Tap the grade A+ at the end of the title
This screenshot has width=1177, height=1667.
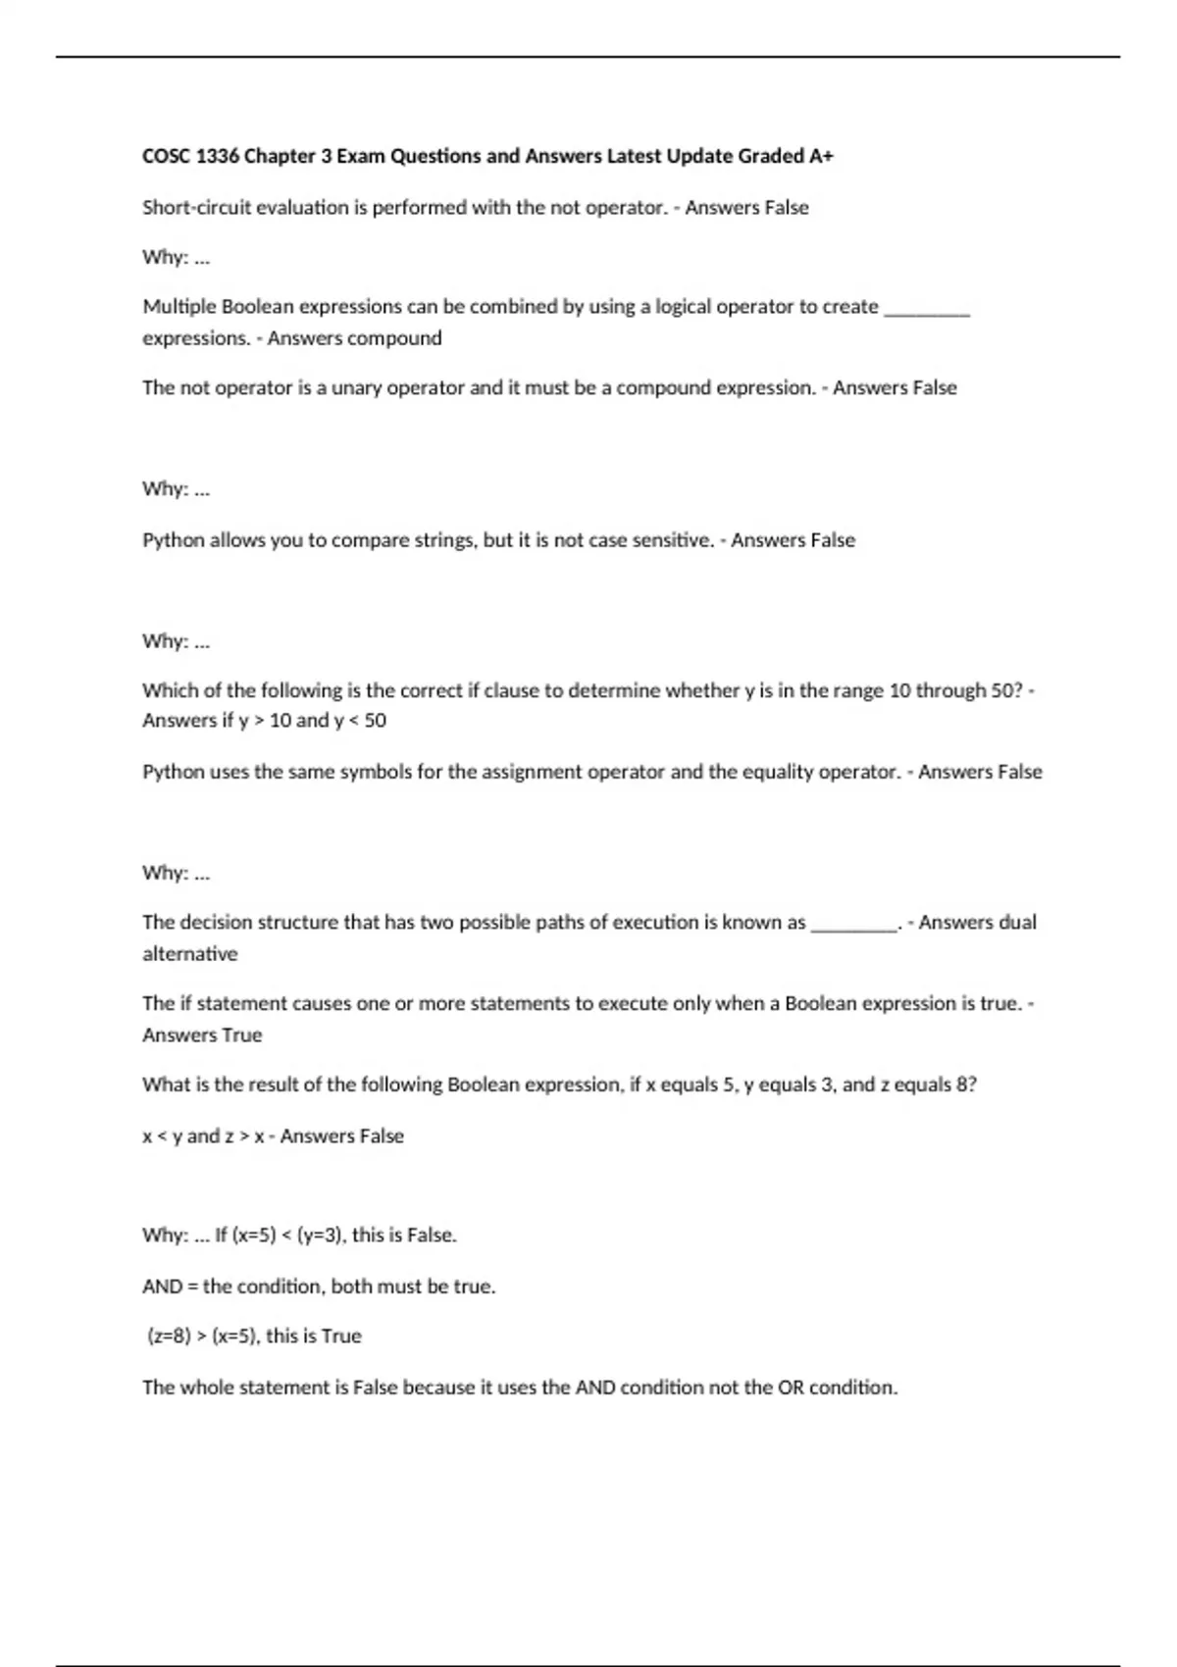coord(821,156)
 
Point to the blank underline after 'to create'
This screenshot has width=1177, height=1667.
coord(927,312)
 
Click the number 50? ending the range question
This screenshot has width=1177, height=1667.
coord(1007,690)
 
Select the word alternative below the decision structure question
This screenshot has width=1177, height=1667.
coord(190,954)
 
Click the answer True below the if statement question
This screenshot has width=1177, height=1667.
coord(243,1036)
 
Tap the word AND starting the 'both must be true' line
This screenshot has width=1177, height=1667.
coord(162,1287)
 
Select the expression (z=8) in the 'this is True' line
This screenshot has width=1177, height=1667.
coord(169,1337)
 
